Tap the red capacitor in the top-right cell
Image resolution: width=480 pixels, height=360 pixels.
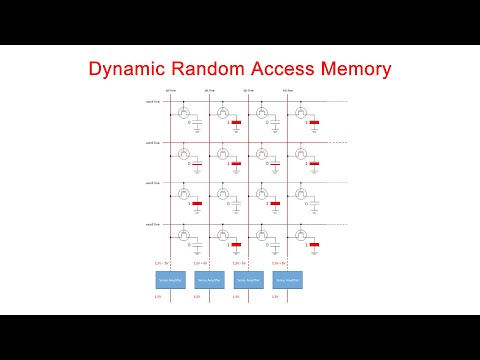pos(314,123)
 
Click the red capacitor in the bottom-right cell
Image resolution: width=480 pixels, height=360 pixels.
pos(314,244)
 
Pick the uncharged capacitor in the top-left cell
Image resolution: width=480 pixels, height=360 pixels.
pos(197,123)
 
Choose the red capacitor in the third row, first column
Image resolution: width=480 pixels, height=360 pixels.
pos(197,204)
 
